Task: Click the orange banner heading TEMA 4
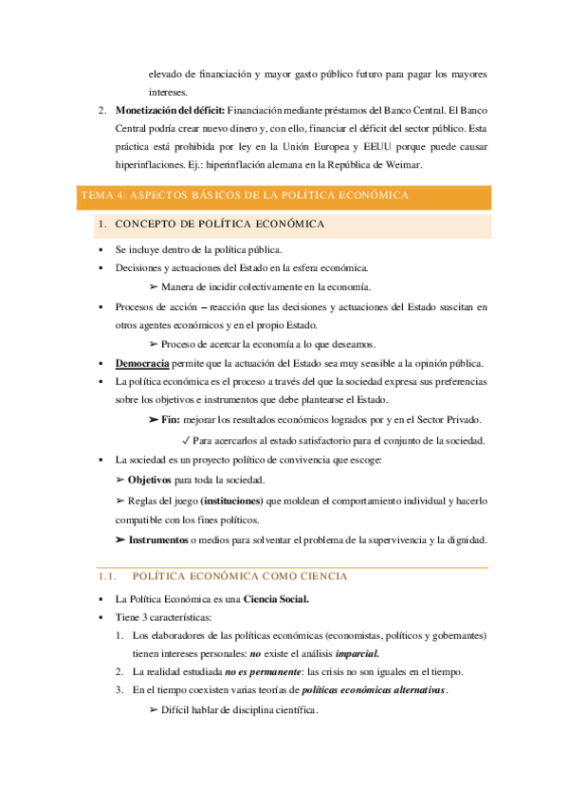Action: point(245,195)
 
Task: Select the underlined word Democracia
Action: point(142,364)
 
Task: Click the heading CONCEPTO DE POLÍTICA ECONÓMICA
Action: point(219,225)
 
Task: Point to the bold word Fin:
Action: point(171,419)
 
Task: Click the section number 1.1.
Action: point(106,576)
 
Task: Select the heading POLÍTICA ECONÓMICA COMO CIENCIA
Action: point(240,576)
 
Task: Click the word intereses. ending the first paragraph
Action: point(169,92)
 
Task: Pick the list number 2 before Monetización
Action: point(102,110)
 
